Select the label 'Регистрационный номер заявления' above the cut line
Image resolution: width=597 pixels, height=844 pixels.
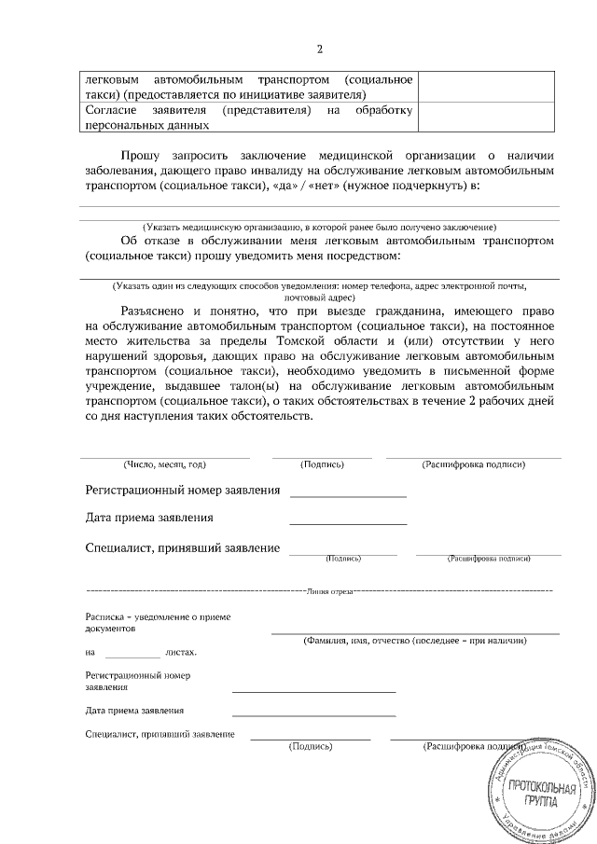(182, 490)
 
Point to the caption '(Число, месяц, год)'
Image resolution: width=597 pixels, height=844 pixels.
(164, 464)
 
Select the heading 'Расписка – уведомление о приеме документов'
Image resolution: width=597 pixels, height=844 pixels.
(158, 622)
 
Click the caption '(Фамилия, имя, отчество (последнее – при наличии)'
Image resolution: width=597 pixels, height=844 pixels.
(414, 642)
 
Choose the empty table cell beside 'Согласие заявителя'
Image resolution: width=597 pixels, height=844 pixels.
(491, 118)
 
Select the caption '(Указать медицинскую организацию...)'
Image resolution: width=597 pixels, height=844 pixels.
(319, 228)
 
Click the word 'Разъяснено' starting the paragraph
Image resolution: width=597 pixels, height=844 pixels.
(155, 310)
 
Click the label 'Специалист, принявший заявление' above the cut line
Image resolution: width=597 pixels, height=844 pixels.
(182, 548)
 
